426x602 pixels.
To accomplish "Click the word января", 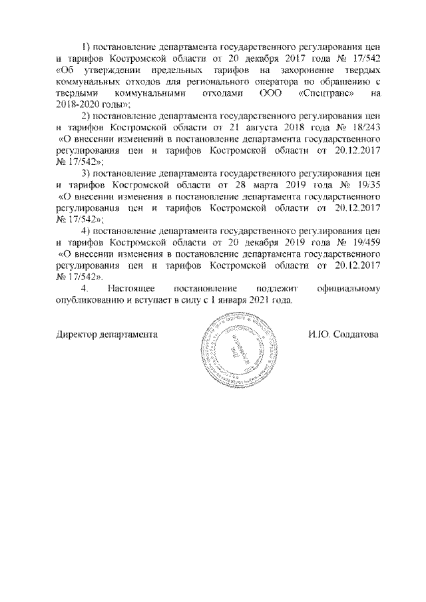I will pyautogui.click(x=233, y=300).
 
